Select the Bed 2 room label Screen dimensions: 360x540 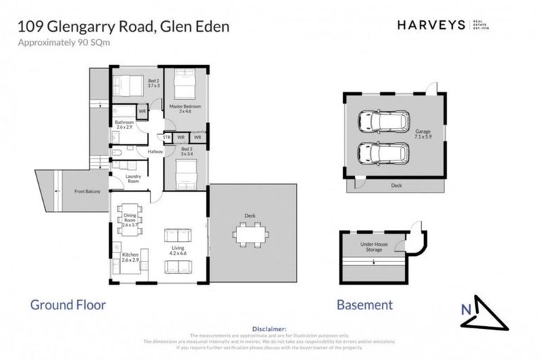coord(154,83)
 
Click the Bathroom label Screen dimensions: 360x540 coord(124,124)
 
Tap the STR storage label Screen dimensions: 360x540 coord(167,137)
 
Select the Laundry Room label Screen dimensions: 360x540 coord(134,179)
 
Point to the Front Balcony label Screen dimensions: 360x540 coord(88,191)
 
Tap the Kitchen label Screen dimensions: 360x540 coord(131,257)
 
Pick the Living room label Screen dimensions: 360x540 coord(179,250)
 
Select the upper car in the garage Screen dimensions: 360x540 coord(384,122)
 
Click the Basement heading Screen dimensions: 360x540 coord(364,305)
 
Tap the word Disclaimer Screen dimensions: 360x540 coord(269,328)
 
